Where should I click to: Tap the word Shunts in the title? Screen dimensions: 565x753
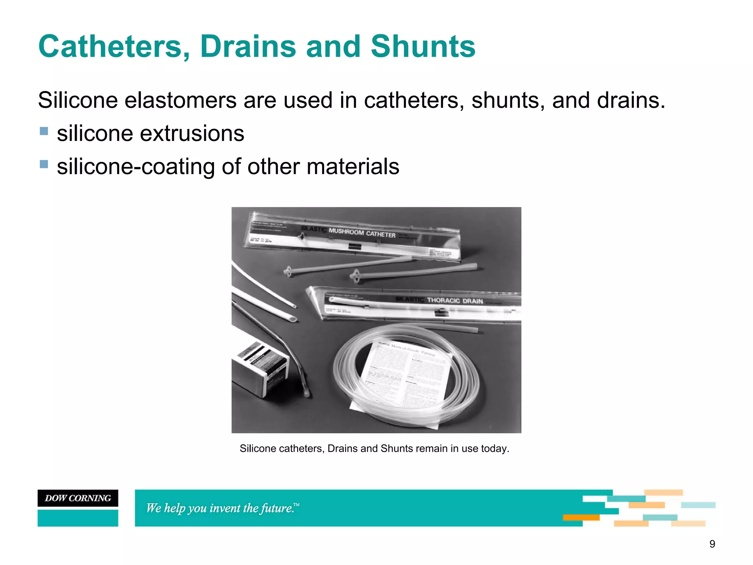423,47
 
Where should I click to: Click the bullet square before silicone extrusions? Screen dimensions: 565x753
44,131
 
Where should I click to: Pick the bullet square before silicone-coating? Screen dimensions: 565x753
44,164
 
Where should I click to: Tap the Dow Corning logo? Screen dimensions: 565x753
78,498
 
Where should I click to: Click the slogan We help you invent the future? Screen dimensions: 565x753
222,508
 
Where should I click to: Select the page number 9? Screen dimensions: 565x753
712,544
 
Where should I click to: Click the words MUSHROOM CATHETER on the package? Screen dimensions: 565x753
362,232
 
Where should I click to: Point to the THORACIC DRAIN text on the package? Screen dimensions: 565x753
455,301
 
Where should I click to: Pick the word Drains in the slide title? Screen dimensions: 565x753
248,47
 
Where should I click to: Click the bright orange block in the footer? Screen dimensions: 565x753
581,518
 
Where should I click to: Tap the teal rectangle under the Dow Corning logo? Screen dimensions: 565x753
78,518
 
